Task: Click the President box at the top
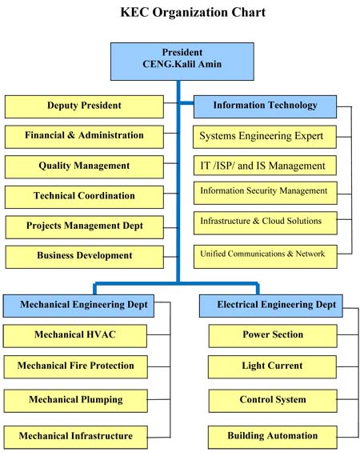(182, 62)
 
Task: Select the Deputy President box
(84, 106)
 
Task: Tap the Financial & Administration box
(84, 137)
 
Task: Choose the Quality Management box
(84, 167)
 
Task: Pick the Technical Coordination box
(84, 197)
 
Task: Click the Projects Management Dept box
(85, 227)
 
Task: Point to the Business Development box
(85, 257)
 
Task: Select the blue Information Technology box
(265, 106)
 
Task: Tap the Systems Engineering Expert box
(265, 137)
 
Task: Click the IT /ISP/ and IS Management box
(265, 166)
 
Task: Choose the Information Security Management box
(266, 193)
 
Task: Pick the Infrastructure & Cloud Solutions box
(266, 223)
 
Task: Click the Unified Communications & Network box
(266, 257)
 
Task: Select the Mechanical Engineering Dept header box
(78, 306)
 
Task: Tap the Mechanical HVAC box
(75, 336)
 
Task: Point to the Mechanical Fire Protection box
(75, 367)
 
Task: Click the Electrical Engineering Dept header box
(271, 306)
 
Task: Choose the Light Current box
(272, 367)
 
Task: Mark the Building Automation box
(272, 438)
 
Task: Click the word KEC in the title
(134, 12)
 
